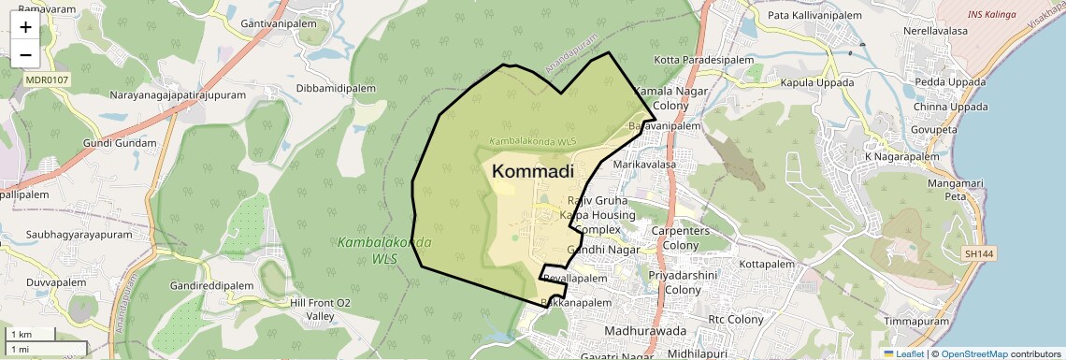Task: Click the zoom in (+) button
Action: [25, 27]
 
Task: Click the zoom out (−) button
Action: [25, 55]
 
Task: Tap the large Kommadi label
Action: [533, 171]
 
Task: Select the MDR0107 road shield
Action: [43, 81]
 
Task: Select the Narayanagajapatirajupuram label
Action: [178, 95]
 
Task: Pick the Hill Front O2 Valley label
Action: [320, 310]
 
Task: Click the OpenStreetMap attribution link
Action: [974, 353]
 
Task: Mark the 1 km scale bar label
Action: [21, 334]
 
